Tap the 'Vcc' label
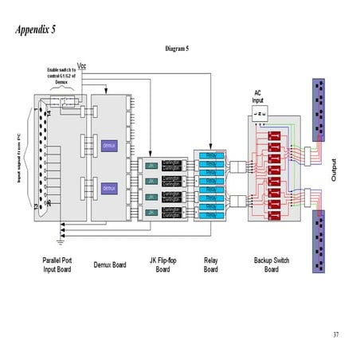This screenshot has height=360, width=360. pyautogui.click(x=81, y=65)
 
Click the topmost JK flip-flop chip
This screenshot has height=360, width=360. pyautogui.click(x=151, y=165)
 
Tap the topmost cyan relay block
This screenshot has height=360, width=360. pyautogui.click(x=210, y=155)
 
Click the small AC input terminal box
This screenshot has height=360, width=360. pyautogui.click(x=259, y=113)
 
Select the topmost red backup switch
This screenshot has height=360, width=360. pyautogui.click(x=277, y=138)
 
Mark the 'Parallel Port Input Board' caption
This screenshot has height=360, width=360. pyautogui.click(x=59, y=264)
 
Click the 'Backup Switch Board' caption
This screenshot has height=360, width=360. pyautogui.click(x=271, y=264)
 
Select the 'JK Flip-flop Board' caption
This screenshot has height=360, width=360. pyautogui.click(x=162, y=264)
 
